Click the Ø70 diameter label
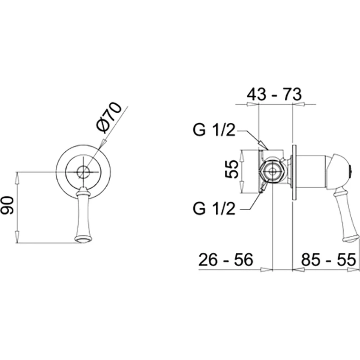point(109,117)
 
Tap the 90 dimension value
point(7,205)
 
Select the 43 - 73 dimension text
point(274,94)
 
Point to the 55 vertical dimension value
point(231,169)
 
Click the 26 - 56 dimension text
point(226,259)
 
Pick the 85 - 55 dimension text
point(328,260)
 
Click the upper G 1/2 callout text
point(214,130)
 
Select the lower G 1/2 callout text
point(214,208)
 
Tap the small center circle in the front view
point(83,172)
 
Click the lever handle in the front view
point(83,214)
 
